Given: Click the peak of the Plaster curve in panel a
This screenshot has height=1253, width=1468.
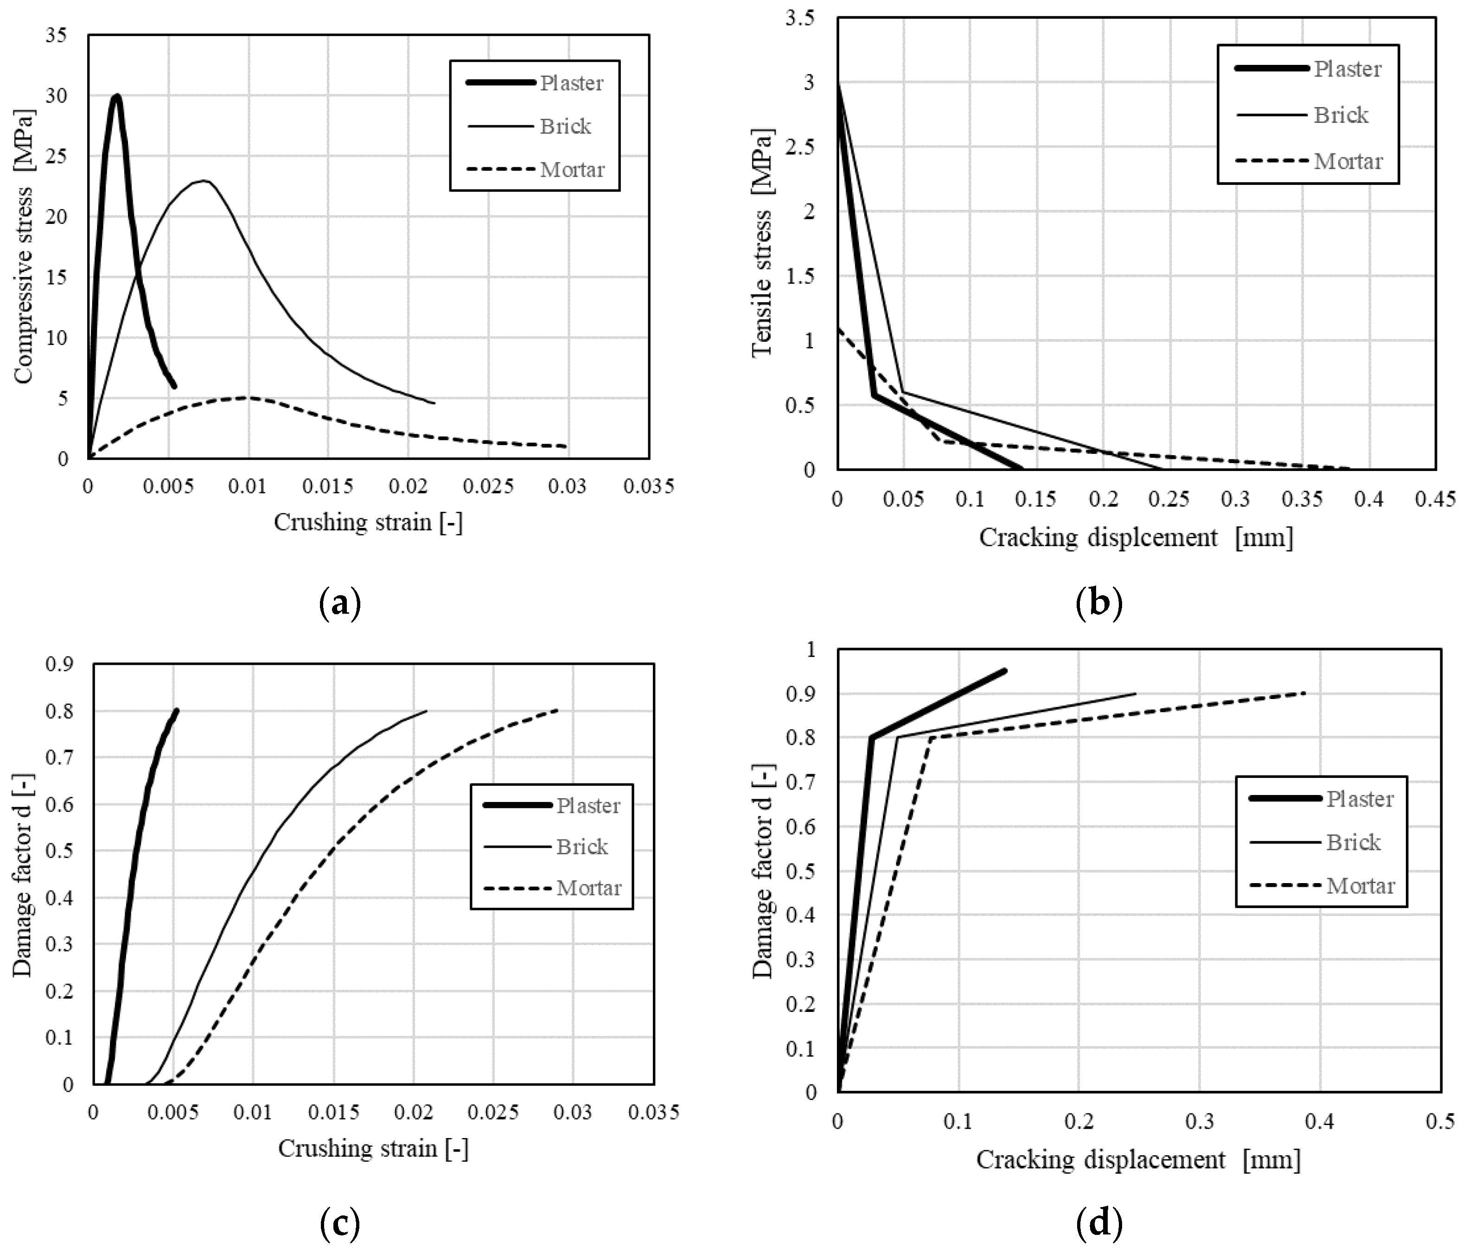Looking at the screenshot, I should coord(117,95).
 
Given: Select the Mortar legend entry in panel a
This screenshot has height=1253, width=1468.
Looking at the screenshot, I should coord(572,170).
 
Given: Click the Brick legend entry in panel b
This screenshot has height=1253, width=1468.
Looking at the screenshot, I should coord(1340,115).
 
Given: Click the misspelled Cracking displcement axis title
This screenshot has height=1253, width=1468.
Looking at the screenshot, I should coord(1136,538).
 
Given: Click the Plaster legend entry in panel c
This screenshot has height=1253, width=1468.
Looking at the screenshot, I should coord(588,805).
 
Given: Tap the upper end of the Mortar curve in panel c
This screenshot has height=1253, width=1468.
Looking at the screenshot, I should coord(557,710).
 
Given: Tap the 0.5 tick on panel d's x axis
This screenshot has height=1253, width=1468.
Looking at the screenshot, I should coord(1440,1122).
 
